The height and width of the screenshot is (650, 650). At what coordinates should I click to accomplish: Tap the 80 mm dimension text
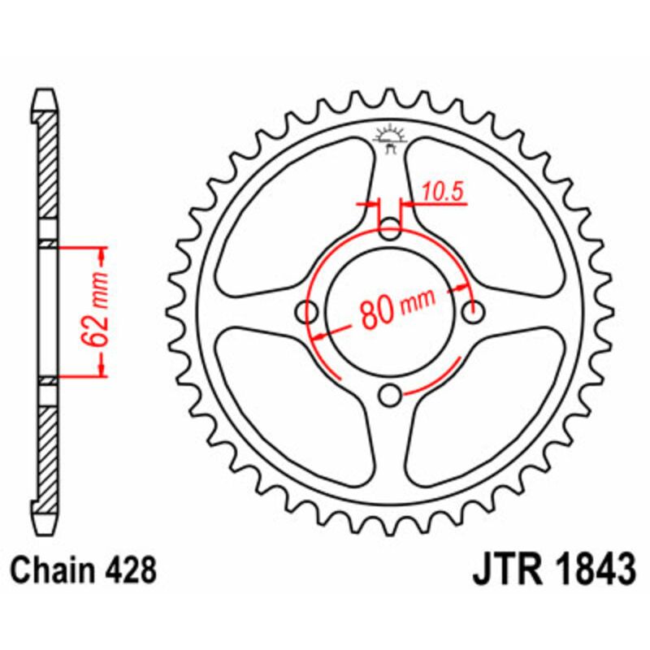coord(395,307)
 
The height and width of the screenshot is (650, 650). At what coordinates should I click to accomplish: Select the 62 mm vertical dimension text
coord(100,312)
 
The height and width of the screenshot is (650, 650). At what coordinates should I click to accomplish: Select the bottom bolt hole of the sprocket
coord(391,396)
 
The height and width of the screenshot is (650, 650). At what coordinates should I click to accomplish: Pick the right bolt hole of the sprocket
coord(474,312)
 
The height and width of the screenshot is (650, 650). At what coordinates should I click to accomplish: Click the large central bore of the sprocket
coord(391,313)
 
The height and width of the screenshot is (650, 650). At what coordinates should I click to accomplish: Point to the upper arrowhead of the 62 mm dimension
coord(102,253)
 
